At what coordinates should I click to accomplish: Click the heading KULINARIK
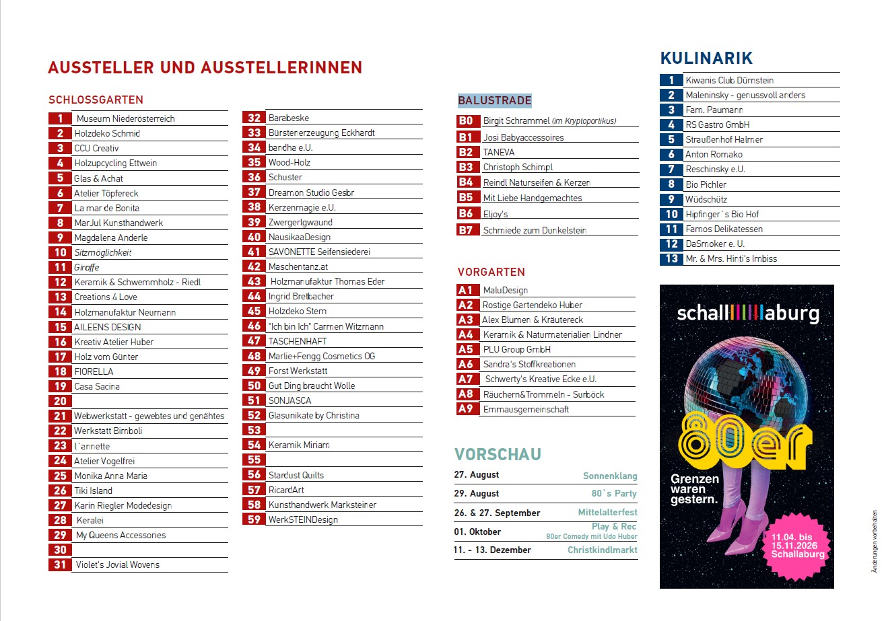706,58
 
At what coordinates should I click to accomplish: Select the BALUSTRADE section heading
494,100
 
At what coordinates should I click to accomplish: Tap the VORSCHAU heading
498,455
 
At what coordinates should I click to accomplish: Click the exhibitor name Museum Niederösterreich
125,118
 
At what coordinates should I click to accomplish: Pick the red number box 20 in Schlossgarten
60,401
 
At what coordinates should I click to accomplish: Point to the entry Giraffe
87,268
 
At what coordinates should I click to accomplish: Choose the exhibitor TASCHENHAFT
298,341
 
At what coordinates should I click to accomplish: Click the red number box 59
254,519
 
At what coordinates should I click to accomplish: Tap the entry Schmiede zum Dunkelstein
535,231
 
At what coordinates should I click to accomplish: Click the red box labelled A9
467,408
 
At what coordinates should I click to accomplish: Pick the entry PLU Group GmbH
516,349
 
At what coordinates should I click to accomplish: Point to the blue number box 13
671,259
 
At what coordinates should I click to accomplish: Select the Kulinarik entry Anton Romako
714,155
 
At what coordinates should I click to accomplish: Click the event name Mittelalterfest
607,513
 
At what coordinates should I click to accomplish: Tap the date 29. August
477,494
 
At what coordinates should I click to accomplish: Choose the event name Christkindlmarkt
603,550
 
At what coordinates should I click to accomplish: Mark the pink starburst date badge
797,546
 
